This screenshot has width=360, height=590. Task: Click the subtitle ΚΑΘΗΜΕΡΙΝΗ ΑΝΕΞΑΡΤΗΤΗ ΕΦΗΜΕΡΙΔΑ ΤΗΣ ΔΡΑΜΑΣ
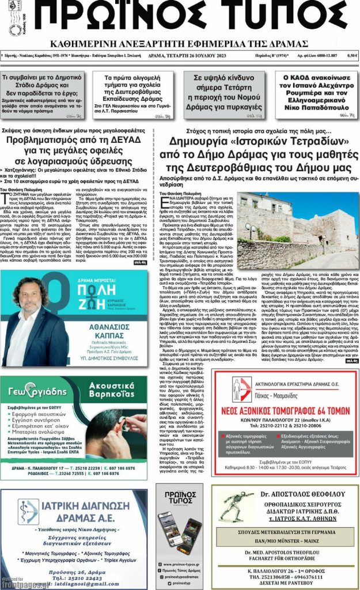(179, 44)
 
